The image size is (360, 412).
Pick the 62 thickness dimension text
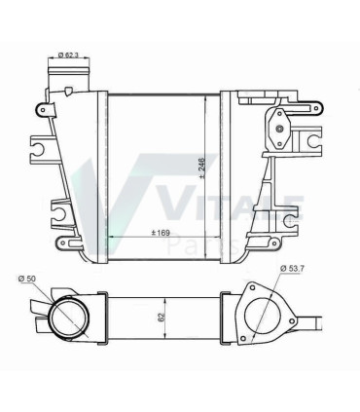(161, 317)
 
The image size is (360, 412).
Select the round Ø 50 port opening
(69, 318)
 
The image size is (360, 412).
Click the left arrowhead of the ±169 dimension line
(110, 237)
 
